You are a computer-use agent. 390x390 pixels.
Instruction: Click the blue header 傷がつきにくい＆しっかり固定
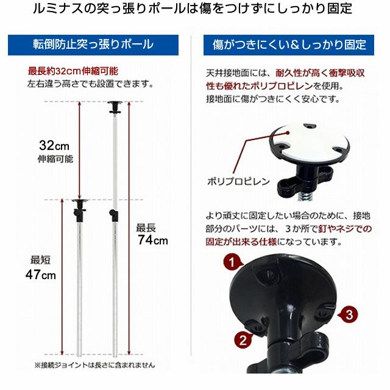[x=289, y=45]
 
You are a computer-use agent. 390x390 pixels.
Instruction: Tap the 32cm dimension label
[x=54, y=146]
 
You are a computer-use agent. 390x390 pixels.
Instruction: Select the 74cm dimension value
[x=152, y=240]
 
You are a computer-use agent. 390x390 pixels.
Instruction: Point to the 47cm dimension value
[x=41, y=274]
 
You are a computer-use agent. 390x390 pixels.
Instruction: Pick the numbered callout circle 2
[x=242, y=339]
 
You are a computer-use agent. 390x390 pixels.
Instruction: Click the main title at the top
[x=195, y=10]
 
